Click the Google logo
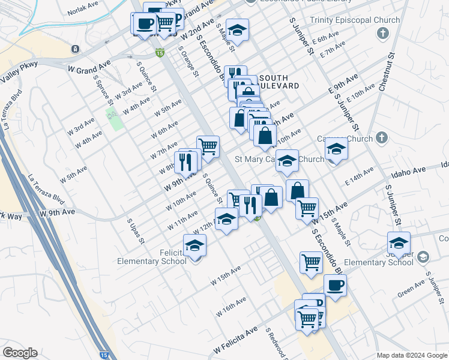tap(20, 353)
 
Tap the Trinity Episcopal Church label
tap(354, 20)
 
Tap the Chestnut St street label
tap(387, 72)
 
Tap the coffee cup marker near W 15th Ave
tap(335, 285)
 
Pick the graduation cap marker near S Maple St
tap(237, 31)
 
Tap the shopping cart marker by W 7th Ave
tap(208, 146)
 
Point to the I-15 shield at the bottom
tap(105, 355)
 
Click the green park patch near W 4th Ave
tap(114, 118)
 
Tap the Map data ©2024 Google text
tap(411, 355)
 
